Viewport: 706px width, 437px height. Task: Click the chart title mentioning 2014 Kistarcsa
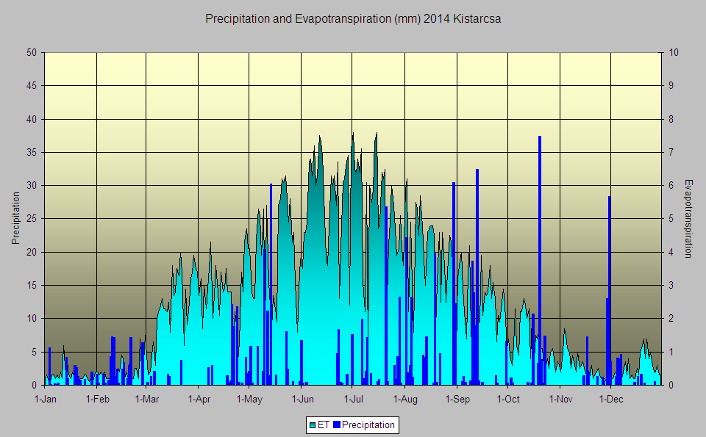tap(353, 19)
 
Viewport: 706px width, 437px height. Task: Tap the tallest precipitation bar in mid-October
tap(540, 260)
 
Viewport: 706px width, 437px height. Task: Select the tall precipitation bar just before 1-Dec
tap(609, 290)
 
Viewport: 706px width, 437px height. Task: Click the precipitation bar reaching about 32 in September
tap(477, 277)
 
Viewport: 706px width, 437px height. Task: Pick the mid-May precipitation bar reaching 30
tap(271, 284)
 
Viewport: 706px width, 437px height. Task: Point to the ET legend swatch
tap(313, 425)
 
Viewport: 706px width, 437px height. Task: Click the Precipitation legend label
tap(368, 425)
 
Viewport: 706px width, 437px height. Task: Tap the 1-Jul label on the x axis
tap(354, 400)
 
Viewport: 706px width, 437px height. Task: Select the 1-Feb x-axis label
tap(97, 400)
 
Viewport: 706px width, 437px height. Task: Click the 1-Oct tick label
tap(508, 400)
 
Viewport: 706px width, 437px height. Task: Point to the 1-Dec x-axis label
tap(611, 400)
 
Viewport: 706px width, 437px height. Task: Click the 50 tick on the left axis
tap(32, 53)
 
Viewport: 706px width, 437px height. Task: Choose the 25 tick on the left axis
tap(32, 219)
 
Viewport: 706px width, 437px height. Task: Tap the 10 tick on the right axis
tap(674, 53)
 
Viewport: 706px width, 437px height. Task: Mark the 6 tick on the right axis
tap(671, 186)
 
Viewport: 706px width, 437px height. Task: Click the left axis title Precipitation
tap(15, 219)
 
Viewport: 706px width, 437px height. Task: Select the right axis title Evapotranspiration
tap(688, 219)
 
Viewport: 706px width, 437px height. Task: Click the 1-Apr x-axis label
tap(199, 400)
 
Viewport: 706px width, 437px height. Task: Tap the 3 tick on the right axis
tap(671, 286)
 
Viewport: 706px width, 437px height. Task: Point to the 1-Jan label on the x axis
tap(46, 400)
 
